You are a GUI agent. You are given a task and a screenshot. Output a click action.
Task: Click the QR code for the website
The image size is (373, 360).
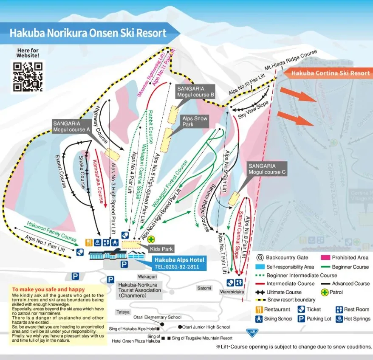28,77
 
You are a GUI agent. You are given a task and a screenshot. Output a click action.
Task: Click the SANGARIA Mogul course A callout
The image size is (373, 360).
71,126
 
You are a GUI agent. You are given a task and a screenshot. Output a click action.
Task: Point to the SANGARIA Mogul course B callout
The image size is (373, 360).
195,91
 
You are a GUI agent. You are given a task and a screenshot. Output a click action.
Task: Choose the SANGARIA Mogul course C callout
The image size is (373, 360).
267,169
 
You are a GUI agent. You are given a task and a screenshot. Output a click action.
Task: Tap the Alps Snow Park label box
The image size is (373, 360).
195,121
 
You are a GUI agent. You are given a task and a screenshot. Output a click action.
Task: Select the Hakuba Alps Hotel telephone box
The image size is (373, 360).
179,263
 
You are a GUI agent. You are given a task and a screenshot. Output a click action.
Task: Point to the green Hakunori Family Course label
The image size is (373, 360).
51,231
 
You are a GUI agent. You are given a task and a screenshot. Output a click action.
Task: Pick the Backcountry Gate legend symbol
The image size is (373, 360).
260,257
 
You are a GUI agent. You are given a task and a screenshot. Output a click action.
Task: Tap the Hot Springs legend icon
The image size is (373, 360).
339,318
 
